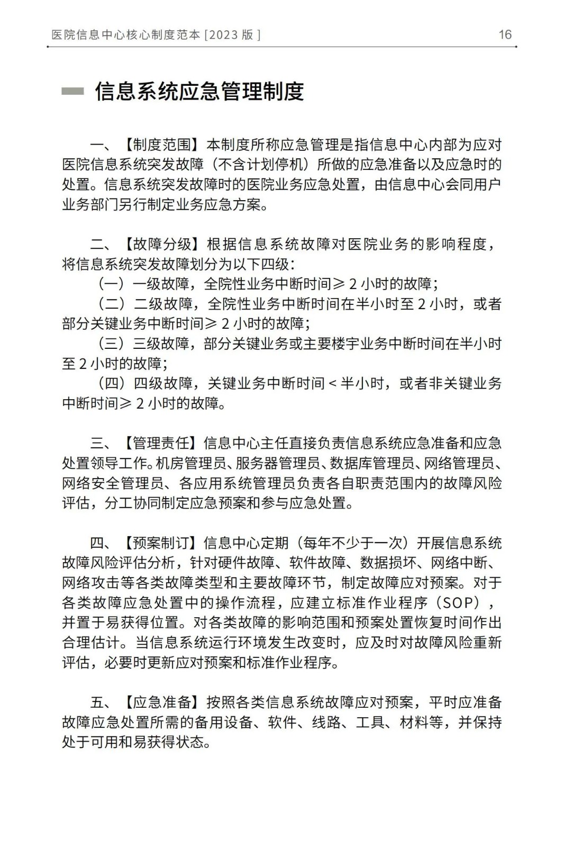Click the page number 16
click(505, 34)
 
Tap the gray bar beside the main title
click(72, 92)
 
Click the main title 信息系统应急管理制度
click(199, 92)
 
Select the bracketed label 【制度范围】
click(163, 145)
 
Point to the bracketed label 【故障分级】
click(163, 244)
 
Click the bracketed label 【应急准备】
click(163, 702)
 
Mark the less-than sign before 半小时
click(333, 383)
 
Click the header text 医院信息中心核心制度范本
click(126, 35)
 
